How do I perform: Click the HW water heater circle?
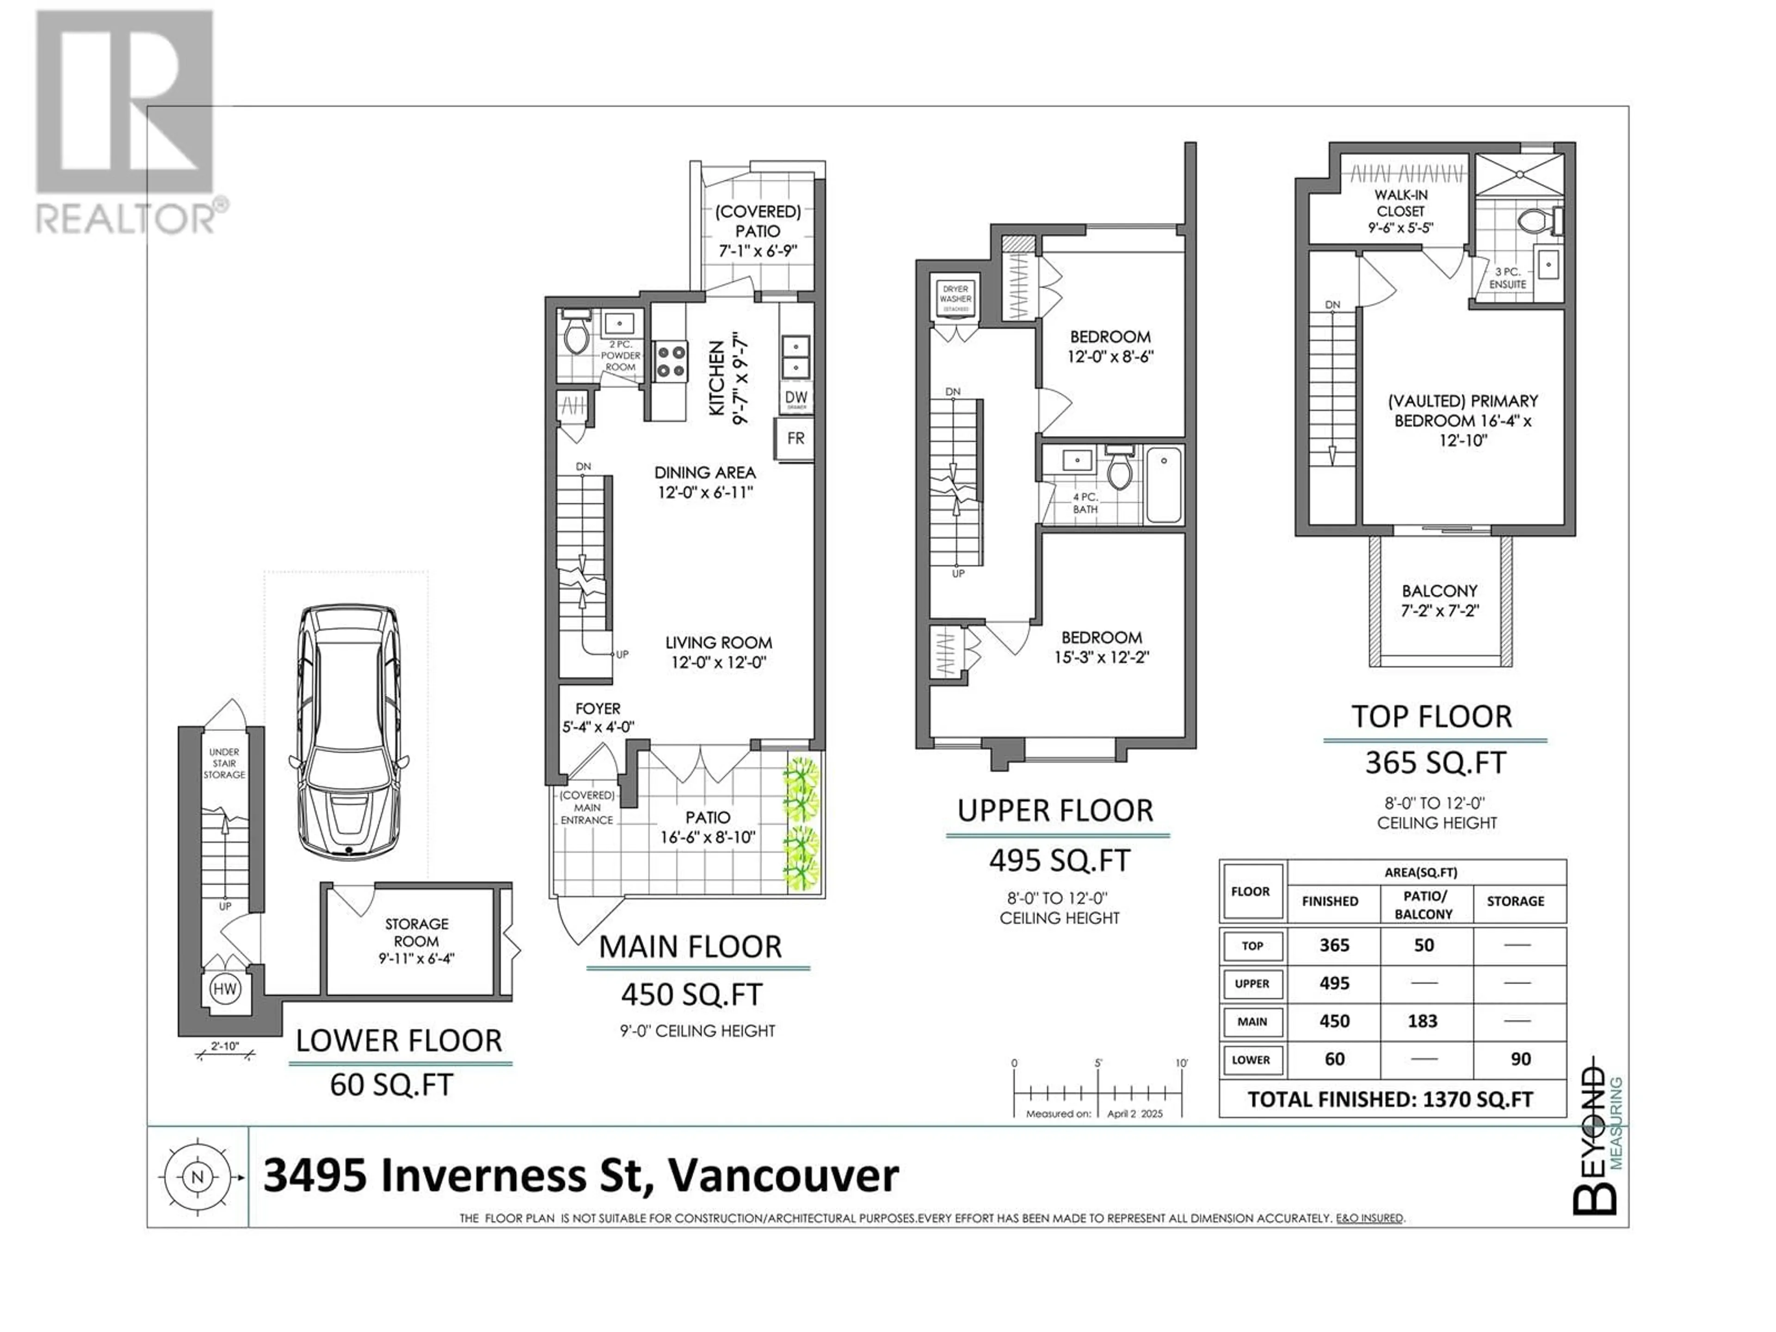(225, 989)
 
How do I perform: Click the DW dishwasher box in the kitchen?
(795, 398)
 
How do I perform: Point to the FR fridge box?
(795, 438)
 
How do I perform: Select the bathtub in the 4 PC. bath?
(1163, 485)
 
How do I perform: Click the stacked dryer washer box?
(956, 299)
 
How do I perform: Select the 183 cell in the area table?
(1423, 1021)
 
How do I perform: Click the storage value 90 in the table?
(1521, 1059)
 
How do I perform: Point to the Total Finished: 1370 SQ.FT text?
(1391, 1099)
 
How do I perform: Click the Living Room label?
(719, 642)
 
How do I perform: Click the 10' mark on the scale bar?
(1181, 1063)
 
